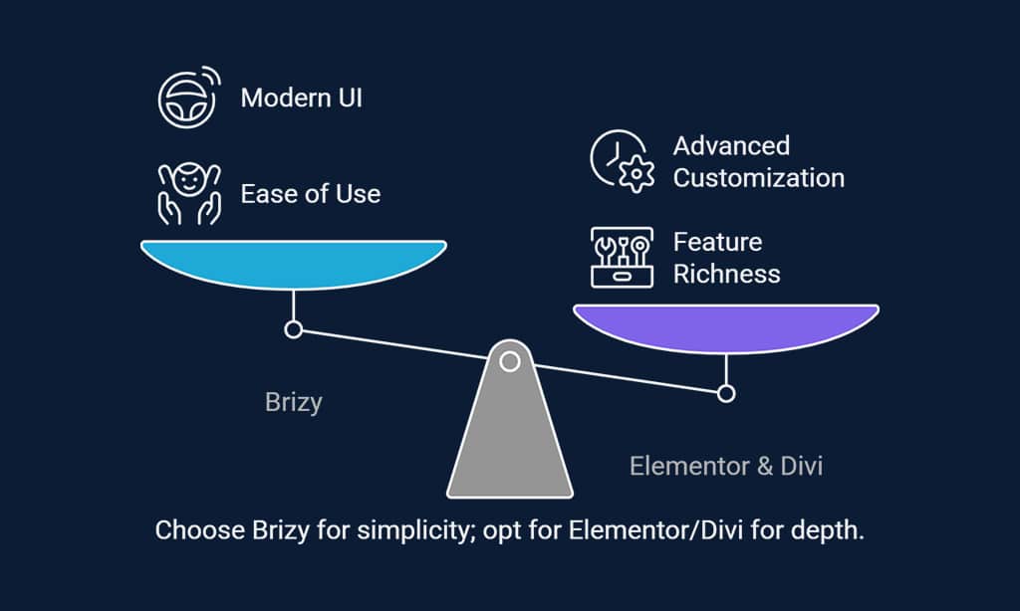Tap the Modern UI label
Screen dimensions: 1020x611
(x=301, y=99)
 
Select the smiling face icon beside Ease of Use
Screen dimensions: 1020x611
(x=189, y=194)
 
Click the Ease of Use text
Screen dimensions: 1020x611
(x=311, y=194)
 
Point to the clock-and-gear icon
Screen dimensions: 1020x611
(x=622, y=161)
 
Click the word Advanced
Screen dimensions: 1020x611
(x=731, y=145)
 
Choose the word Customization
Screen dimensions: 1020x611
(x=758, y=178)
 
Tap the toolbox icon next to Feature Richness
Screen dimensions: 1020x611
(x=622, y=258)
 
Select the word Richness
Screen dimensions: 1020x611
(x=726, y=274)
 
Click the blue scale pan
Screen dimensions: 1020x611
(x=294, y=264)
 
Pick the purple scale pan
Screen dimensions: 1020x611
(x=726, y=327)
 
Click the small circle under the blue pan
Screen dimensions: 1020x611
(x=294, y=330)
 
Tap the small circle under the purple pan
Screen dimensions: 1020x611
(x=726, y=393)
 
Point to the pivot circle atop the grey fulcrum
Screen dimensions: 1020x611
(x=510, y=361)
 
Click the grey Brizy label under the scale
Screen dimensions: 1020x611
(x=294, y=402)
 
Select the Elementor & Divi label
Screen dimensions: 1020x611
(x=726, y=466)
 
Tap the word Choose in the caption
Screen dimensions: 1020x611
(x=199, y=530)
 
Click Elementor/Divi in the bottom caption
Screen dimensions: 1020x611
(x=655, y=530)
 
